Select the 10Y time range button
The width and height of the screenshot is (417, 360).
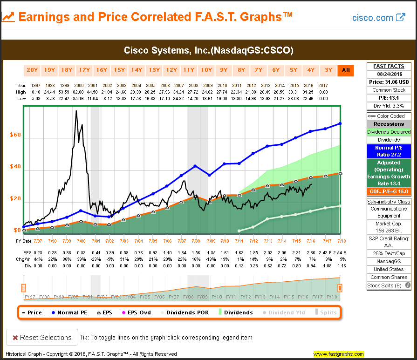206,70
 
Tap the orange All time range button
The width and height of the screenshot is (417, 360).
346,70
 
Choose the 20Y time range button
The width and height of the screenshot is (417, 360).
32,70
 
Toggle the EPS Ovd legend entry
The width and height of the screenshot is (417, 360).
136,312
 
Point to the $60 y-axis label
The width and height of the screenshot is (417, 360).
16,135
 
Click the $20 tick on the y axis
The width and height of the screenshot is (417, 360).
16,198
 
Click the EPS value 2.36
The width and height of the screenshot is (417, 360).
311,252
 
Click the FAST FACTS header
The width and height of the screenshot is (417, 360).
389,67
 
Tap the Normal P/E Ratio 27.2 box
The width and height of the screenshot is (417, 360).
389,151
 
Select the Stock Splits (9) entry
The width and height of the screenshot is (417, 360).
385,285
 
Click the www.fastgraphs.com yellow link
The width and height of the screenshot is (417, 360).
338,354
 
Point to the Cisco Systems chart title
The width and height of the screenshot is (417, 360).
208,50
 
